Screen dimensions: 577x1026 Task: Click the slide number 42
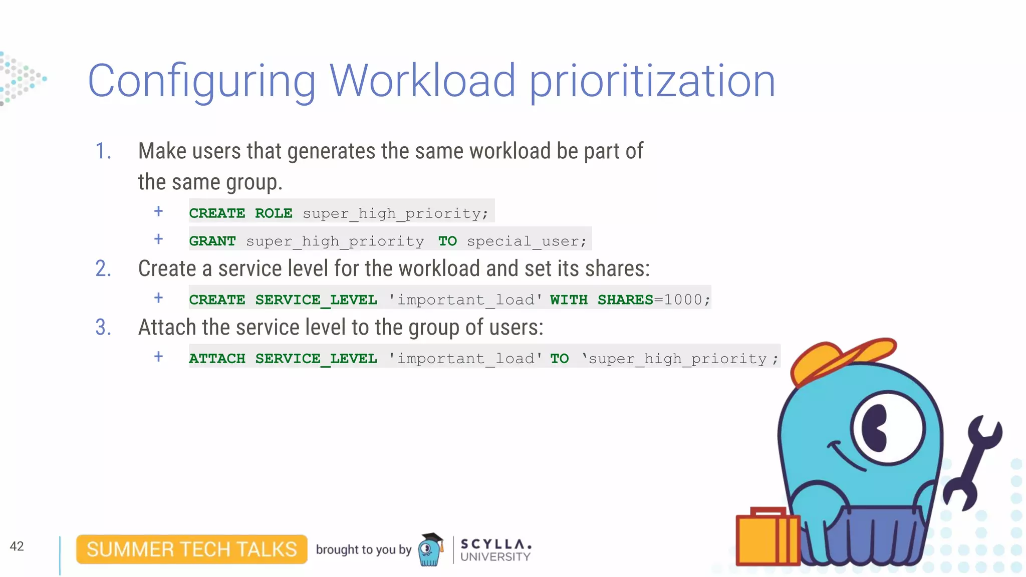[x=17, y=546]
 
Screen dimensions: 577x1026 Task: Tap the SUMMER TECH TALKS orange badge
[x=192, y=549]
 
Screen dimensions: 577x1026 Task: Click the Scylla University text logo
[x=495, y=550]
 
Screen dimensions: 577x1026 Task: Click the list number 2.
[x=103, y=268]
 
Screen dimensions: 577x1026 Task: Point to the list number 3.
[x=103, y=328]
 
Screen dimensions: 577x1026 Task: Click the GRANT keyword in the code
[x=212, y=241]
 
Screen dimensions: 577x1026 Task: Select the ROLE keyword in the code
[x=274, y=213]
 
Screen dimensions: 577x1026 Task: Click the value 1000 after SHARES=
[x=683, y=300]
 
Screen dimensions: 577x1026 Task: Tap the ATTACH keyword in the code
[x=217, y=359]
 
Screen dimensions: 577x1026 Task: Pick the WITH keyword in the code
[x=569, y=300]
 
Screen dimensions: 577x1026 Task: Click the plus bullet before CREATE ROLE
[x=158, y=211]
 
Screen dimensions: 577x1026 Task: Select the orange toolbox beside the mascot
[x=766, y=538]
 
